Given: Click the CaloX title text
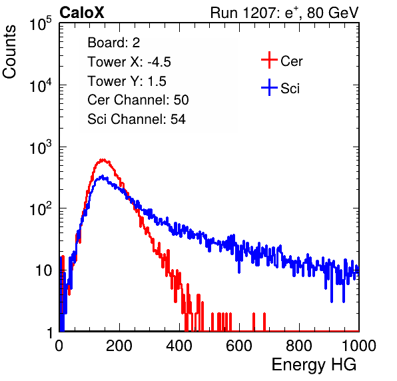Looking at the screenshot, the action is point(81,13).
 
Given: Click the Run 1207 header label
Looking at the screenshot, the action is point(284,13).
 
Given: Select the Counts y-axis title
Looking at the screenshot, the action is point(9,52).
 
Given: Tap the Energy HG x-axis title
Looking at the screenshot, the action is point(314,365).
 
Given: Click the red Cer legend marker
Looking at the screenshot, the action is point(269,60).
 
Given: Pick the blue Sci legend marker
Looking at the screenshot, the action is point(269,88).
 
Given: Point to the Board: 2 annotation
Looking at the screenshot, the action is point(114,43).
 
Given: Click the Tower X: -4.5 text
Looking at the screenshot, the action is point(129,62).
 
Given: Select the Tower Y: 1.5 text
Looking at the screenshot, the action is point(127,81).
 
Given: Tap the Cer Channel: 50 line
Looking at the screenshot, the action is point(138,100).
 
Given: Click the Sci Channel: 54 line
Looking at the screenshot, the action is point(137,119).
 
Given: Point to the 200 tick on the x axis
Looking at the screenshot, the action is point(119,346).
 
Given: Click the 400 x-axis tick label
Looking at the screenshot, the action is point(179,346).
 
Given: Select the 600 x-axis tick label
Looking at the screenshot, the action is point(239,346).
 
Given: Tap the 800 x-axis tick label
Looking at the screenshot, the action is point(299,346).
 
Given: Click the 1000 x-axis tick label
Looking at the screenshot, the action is point(359,346).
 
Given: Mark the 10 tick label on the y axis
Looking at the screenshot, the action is point(43,270).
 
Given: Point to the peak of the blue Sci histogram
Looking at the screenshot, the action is point(103,176).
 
